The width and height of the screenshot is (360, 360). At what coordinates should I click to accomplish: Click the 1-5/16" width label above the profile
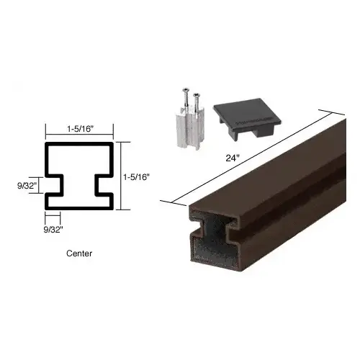pyautogui.click(x=80, y=129)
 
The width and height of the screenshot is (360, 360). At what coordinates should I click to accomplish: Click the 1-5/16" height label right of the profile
pyautogui.click(x=136, y=177)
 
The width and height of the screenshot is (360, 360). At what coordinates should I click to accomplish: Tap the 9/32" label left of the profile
pyautogui.click(x=27, y=186)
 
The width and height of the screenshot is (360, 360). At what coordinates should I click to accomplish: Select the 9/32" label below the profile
pyautogui.click(x=53, y=230)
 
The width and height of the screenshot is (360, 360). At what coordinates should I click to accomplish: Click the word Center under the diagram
pyautogui.click(x=79, y=253)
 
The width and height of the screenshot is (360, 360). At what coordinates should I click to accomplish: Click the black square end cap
pyautogui.click(x=247, y=117)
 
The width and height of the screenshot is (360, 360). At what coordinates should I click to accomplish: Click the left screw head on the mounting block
pyautogui.click(x=185, y=90)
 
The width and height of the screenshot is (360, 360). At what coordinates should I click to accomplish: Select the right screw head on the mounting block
pyautogui.click(x=197, y=95)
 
